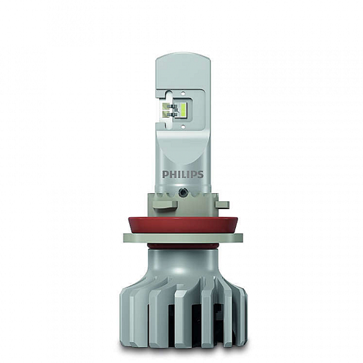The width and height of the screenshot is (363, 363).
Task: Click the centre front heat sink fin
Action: click(181, 305)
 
